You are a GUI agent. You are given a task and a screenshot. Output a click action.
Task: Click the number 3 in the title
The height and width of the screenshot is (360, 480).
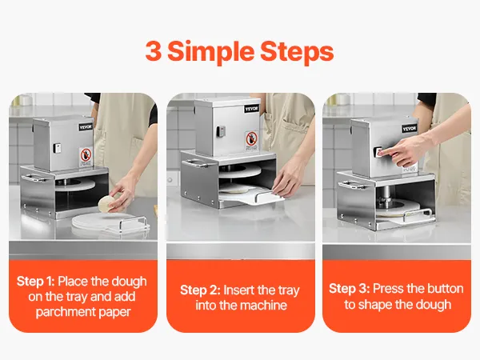pos(154,51)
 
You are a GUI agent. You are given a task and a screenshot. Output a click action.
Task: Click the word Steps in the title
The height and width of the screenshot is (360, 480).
pos(297,51)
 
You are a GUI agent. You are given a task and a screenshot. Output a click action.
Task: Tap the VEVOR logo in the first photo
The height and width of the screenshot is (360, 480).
pos(86,127)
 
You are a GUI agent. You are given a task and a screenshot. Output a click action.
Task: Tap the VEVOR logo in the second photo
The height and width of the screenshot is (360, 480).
pos(252,109)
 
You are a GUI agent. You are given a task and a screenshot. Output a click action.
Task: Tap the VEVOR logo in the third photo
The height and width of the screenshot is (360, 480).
pos(410,128)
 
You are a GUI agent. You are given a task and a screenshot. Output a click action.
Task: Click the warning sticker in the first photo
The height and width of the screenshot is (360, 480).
pos(86,157)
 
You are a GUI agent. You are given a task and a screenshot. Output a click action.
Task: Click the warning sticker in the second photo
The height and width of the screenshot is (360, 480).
pos(251,141)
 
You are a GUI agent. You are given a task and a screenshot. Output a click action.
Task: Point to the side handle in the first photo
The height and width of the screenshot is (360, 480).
pos(34,178)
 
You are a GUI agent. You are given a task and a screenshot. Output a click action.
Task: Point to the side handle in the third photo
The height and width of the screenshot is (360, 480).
pos(353,184)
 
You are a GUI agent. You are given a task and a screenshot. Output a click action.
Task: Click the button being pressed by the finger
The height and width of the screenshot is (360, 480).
pos(378,152)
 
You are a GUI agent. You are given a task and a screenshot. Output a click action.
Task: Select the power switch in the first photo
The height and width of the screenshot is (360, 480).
pos(57,148)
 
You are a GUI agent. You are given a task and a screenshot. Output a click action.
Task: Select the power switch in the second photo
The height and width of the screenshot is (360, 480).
pos(220,131)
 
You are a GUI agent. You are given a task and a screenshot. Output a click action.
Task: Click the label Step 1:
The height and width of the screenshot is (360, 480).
pos(35,282)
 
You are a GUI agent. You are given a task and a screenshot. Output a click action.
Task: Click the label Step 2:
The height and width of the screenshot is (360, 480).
pos(200,290)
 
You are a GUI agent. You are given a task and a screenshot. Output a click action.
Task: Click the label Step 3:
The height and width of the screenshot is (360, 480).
pos(350,289)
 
